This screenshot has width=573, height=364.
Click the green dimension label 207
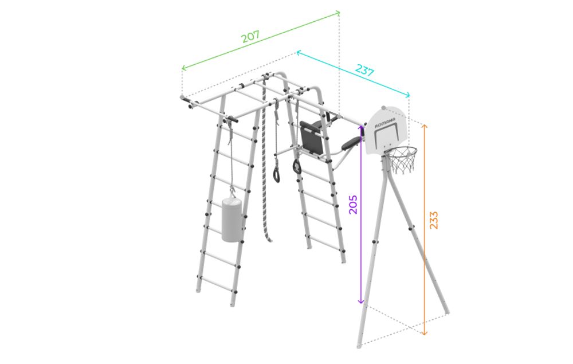coord(251,36)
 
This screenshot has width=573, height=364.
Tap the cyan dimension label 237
coord(364,69)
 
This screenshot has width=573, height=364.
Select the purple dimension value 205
coord(353,205)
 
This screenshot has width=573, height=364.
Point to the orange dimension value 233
coord(433,220)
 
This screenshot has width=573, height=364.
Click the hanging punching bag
coord(231,220)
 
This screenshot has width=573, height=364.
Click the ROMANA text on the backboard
coord(385,123)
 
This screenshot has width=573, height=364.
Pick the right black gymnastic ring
coord(297,167)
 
